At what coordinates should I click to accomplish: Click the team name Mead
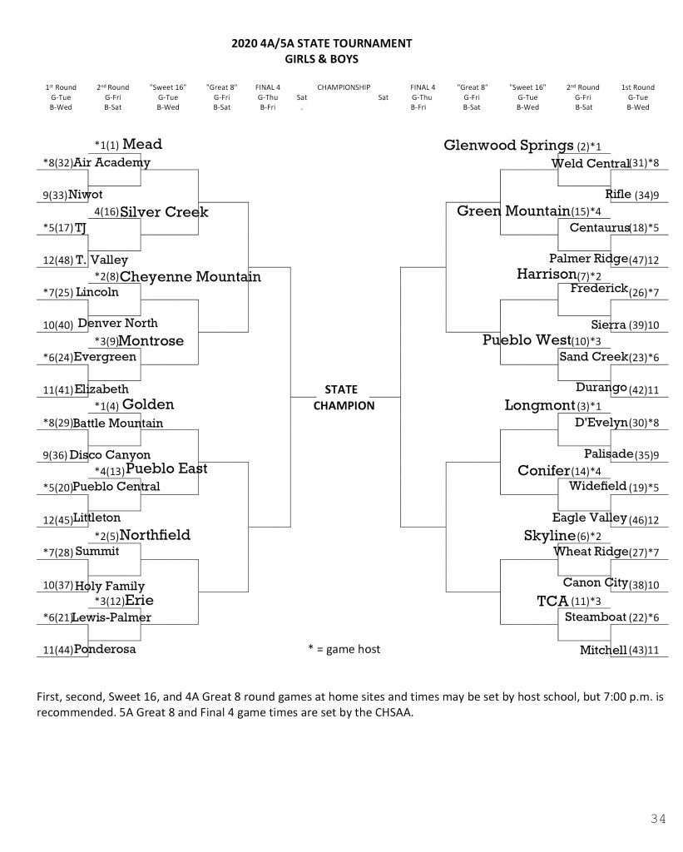point(141,145)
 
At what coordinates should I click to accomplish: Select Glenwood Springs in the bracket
point(509,146)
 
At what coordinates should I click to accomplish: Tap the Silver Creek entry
point(164,212)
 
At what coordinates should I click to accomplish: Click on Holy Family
point(109,586)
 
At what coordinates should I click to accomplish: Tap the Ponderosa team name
point(104,649)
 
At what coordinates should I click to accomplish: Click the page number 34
point(657,820)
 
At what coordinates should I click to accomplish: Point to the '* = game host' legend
point(344,649)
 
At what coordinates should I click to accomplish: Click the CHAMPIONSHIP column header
point(343,87)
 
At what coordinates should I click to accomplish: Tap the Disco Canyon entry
point(110,455)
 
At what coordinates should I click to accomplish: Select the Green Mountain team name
point(513,211)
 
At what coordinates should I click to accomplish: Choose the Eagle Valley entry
point(589,518)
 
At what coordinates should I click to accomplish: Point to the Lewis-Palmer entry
point(111,617)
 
